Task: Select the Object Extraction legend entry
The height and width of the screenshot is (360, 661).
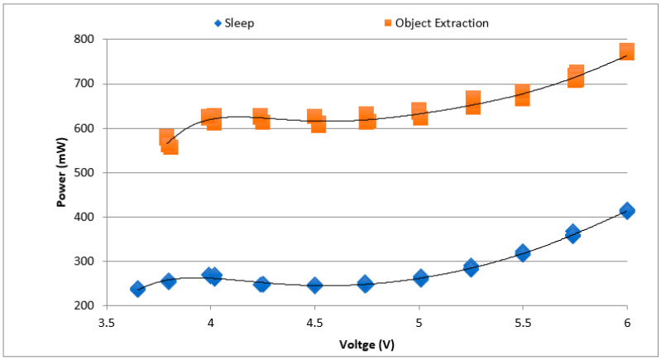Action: pyautogui.click(x=429, y=22)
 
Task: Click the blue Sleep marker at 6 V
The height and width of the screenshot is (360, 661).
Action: pyautogui.click(x=626, y=211)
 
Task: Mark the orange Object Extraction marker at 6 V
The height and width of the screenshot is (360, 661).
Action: pyautogui.click(x=626, y=52)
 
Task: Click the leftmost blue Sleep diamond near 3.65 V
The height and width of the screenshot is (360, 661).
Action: pyautogui.click(x=137, y=289)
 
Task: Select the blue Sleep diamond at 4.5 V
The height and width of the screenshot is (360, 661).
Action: pyautogui.click(x=314, y=286)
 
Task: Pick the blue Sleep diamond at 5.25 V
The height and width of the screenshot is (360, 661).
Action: pyautogui.click(x=471, y=267)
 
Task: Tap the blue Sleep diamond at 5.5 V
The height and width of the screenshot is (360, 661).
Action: pyautogui.click(x=522, y=252)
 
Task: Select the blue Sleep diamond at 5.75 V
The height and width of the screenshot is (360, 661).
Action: pyautogui.click(x=573, y=233)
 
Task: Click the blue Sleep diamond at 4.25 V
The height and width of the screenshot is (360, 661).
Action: pyautogui.click(x=262, y=284)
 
